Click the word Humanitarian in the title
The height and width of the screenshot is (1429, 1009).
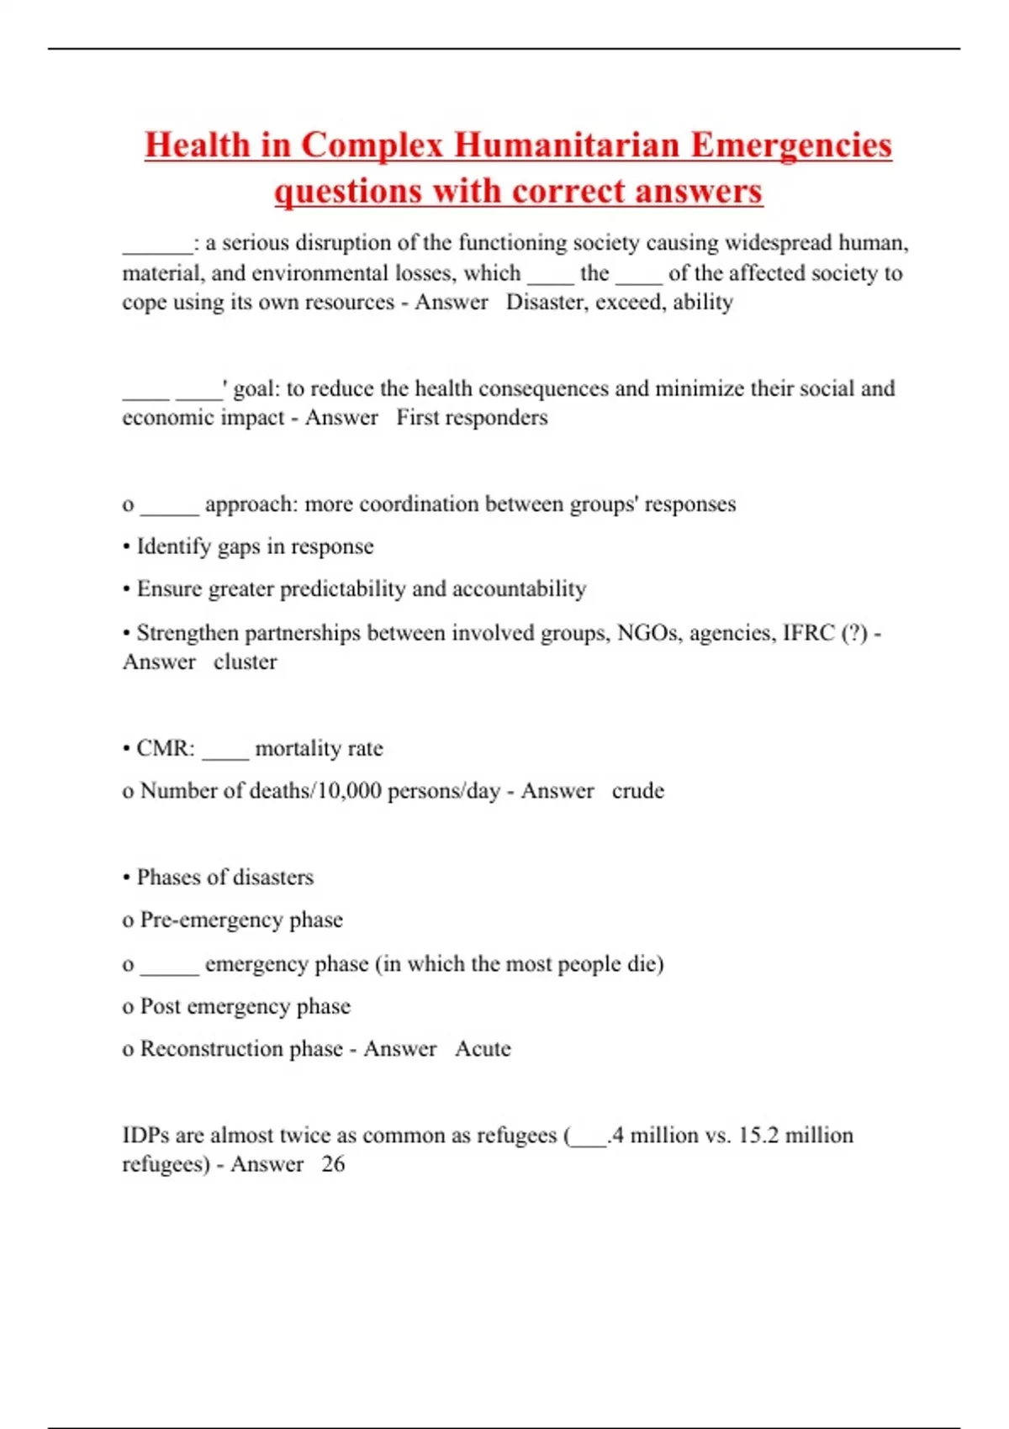coord(568,145)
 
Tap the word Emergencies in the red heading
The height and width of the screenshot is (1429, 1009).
coord(791,145)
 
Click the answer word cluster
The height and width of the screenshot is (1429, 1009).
coord(245,662)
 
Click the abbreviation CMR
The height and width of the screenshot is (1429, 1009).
coord(166,749)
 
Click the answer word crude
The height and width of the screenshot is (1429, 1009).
coord(637,791)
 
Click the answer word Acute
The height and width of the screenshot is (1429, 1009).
coord(483,1049)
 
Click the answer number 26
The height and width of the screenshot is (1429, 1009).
coord(333,1164)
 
